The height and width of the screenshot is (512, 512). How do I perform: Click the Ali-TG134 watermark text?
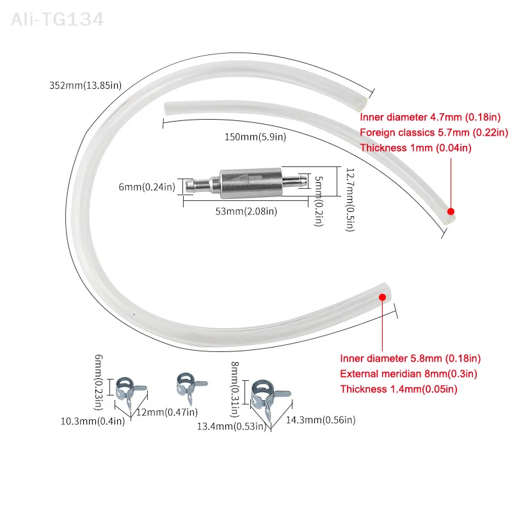tap(57, 20)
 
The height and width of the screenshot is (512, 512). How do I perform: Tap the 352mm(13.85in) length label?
tap(85, 84)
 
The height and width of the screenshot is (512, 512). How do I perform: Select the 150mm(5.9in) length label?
tap(254, 136)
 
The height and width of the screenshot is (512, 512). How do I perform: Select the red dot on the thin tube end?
tap(451, 211)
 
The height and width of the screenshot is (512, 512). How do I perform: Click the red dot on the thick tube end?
tap(382, 297)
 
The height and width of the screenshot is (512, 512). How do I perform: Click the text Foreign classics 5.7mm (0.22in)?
tap(433, 132)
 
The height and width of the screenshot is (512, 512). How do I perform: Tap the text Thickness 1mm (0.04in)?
tap(415, 148)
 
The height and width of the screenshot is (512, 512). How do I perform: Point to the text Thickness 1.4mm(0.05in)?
tap(398, 388)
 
